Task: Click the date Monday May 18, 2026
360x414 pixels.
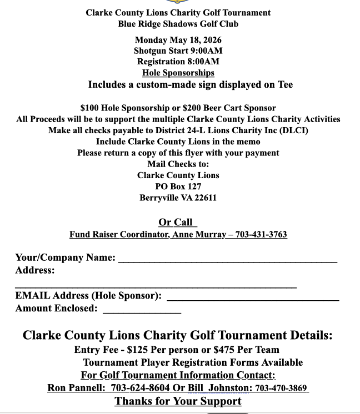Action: tap(178, 40)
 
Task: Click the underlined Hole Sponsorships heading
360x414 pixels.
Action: tap(178, 73)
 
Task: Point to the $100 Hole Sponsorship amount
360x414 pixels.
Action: tap(90, 108)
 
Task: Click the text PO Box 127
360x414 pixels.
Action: tap(178, 186)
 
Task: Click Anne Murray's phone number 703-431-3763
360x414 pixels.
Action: tap(261, 235)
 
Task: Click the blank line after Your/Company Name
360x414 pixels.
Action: tap(227, 260)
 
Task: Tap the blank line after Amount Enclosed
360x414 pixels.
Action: tap(142, 312)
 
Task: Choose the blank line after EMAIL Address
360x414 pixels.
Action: tap(253, 299)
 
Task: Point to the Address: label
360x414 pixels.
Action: tap(34, 270)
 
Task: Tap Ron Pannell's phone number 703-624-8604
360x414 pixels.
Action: tap(140, 388)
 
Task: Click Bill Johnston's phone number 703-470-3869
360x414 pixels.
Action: tap(281, 388)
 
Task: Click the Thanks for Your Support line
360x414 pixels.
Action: tap(178, 401)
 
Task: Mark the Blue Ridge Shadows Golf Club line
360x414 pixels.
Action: tap(178, 24)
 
